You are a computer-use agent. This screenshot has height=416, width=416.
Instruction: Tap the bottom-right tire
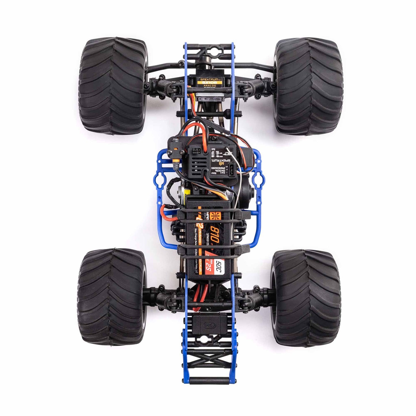tap(306, 298)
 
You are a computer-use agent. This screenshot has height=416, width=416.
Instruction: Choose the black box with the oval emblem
tap(208, 324)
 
